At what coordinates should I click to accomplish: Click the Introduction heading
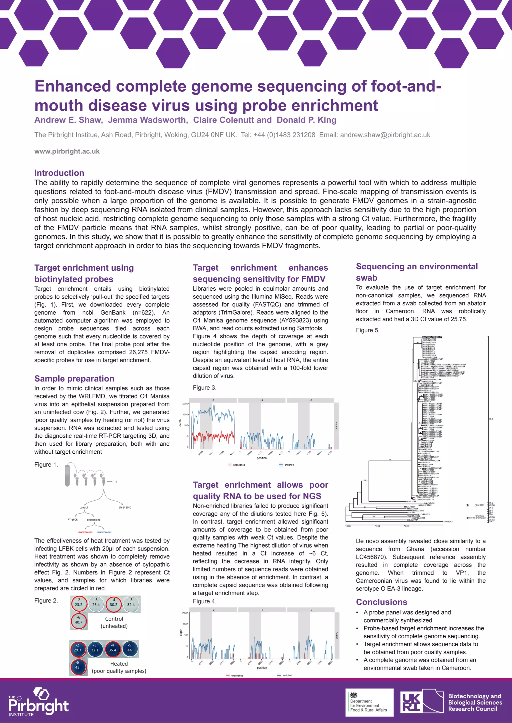[59, 173]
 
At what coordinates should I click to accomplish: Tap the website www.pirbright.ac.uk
[67, 152]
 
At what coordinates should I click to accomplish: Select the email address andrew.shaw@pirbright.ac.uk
[385, 135]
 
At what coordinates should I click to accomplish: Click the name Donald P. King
[306, 120]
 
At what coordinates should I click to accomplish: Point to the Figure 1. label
[46, 464]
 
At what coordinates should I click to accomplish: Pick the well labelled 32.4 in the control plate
[131, 602]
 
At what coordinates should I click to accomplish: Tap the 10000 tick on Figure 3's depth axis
[185, 404]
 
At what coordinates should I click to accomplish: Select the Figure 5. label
[367, 330]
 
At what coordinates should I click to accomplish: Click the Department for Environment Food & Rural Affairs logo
[369, 702]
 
